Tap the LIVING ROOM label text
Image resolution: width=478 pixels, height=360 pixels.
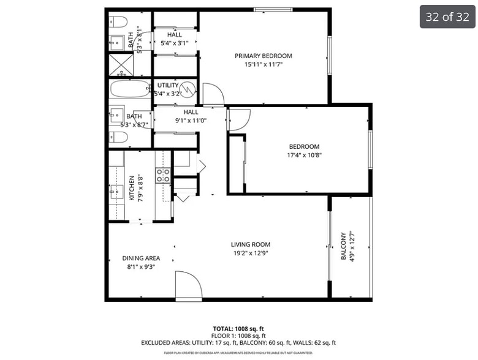coord(251,244)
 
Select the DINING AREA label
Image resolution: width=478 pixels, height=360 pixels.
coord(141,258)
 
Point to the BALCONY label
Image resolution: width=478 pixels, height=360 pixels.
coord(344,246)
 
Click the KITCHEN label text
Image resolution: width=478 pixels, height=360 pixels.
coord(132,188)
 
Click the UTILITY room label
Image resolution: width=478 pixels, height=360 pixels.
coord(168,85)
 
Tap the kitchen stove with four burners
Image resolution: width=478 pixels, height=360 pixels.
coord(162,176)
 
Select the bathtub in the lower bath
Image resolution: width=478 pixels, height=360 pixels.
coord(130,89)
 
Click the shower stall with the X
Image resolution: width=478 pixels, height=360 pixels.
coord(121,64)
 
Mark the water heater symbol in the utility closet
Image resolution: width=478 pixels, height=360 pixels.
coord(189,91)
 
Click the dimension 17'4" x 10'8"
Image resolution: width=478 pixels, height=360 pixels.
coord(305,156)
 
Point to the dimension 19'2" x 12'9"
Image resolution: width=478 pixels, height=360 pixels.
coord(251,253)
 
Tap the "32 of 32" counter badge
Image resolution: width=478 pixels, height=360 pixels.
coord(447,17)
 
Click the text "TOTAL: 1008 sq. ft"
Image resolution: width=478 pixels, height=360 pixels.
coord(238,329)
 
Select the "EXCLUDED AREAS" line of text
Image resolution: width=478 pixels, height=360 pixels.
coord(238,343)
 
